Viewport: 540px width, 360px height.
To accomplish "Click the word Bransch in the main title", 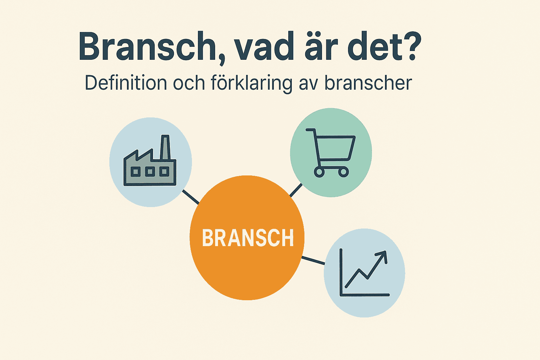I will pyautogui.click(x=147, y=46).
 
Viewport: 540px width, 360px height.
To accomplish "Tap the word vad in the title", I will pyautogui.click(x=264, y=46).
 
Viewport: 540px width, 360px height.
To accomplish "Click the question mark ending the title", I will pyautogui.click(x=410, y=46).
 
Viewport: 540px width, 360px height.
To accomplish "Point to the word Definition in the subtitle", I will pyautogui.click(x=126, y=83).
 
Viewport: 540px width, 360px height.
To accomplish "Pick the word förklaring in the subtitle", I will pyautogui.click(x=251, y=84).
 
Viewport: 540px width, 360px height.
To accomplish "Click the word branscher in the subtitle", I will pyautogui.click(x=368, y=83).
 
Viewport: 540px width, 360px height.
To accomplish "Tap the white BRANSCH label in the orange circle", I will pyautogui.click(x=248, y=238).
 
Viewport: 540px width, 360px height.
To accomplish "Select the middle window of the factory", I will pyautogui.click(x=150, y=172).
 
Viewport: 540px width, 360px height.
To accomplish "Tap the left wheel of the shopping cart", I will pyautogui.click(x=319, y=172).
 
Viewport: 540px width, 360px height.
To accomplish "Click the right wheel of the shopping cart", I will pyautogui.click(x=343, y=172).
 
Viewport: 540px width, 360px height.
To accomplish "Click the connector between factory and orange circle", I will pyautogui.click(x=191, y=197).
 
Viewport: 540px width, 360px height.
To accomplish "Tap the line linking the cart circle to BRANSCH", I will pyautogui.click(x=296, y=190).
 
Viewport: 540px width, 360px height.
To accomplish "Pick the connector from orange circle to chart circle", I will pyautogui.click(x=313, y=261).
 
